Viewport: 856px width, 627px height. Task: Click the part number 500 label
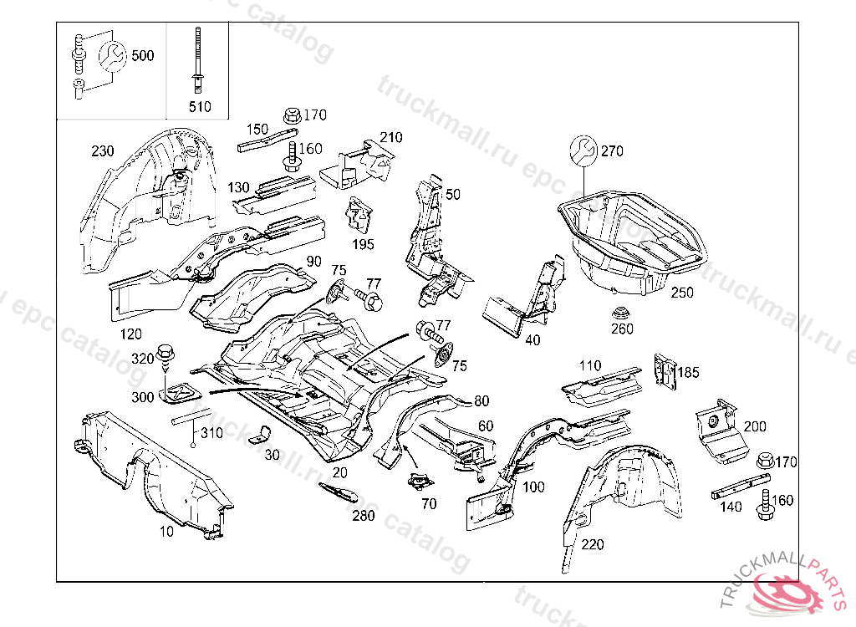point(143,56)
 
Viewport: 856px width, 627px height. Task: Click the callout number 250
point(682,293)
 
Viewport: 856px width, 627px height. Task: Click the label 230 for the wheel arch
point(102,151)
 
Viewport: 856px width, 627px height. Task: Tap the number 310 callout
point(211,433)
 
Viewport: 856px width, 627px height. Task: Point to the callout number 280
point(364,515)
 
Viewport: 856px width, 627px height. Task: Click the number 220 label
point(592,545)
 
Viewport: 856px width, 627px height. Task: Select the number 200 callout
point(754,426)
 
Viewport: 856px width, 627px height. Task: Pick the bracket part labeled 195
point(359,217)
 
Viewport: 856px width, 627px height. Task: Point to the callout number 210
point(391,137)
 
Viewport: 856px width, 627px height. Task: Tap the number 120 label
point(131,335)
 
